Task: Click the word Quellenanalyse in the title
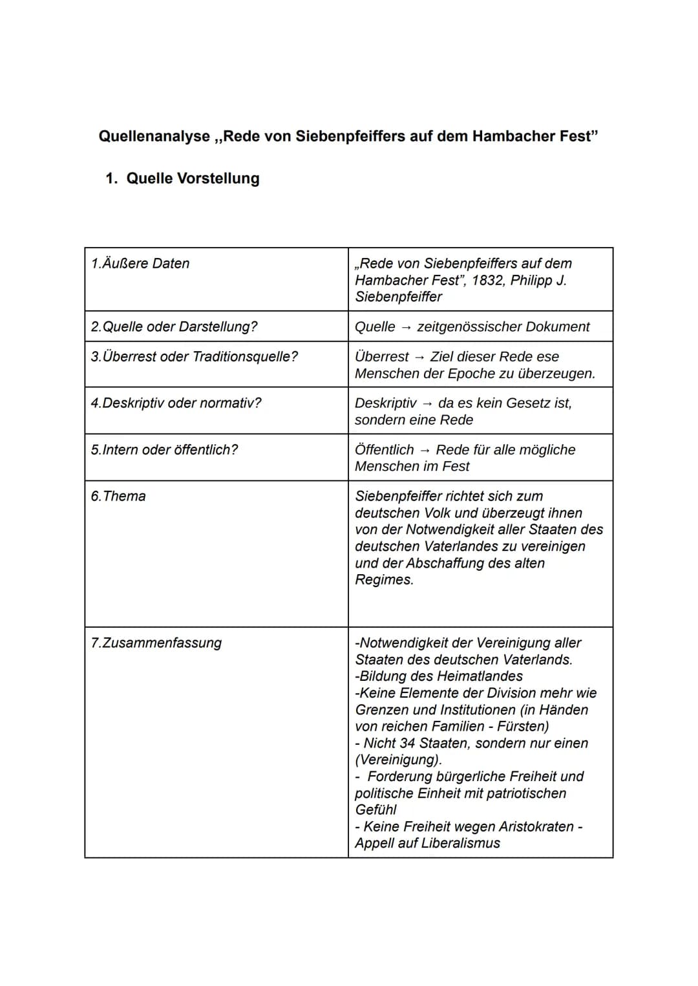(154, 136)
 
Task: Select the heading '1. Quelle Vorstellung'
(182, 178)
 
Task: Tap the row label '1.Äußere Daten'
(140, 264)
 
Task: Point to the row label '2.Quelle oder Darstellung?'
(174, 327)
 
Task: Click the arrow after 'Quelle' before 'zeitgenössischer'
(406, 328)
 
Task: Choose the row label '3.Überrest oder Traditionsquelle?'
(195, 357)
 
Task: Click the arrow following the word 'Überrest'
(419, 358)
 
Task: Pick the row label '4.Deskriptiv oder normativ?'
(176, 403)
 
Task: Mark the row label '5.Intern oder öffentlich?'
(164, 450)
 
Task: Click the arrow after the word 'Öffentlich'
(425, 451)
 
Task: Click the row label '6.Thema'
(118, 497)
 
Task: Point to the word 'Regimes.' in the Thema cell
(384, 580)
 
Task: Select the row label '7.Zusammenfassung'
(156, 643)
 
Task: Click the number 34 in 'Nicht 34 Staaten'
(407, 744)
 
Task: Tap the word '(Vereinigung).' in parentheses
(398, 760)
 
